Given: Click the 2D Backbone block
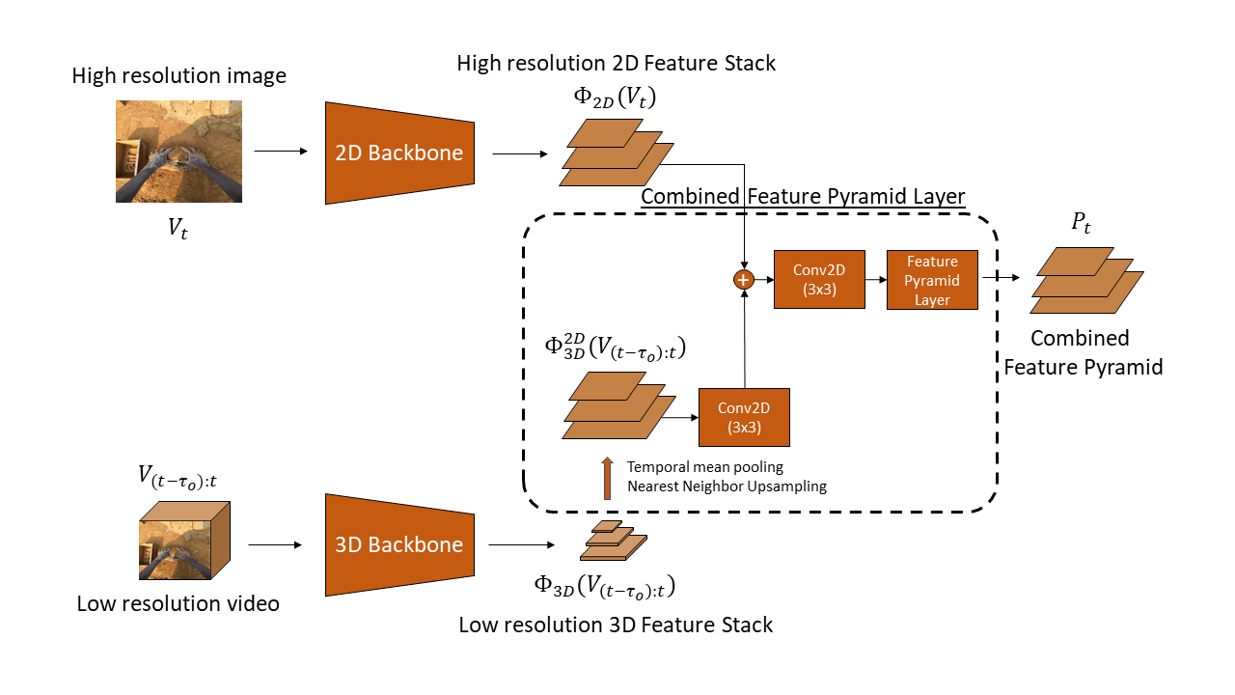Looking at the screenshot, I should tap(399, 153).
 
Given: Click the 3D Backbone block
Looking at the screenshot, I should tap(399, 544).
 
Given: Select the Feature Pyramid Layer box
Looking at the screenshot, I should tap(932, 280).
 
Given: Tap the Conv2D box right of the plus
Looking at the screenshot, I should tap(819, 280).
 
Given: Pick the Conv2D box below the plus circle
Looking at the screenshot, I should tap(744, 417).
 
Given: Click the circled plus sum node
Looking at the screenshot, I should tap(744, 280).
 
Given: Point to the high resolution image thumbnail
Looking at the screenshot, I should tap(178, 152).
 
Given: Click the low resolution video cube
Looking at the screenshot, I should tap(182, 541).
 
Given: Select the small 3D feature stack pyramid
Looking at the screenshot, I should tap(613, 542).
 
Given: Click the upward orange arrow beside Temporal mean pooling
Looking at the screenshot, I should tap(607, 478).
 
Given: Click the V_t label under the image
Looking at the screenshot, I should tap(177, 229).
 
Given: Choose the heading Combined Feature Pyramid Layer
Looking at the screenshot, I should tap(803, 197).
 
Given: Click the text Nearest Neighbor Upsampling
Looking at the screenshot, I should tap(727, 486).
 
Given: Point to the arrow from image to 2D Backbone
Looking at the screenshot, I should tap(280, 152).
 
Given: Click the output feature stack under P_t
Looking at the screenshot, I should tap(1085, 280).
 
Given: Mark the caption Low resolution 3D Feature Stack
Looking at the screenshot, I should tap(616, 625).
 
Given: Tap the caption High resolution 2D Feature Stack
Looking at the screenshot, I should tap(616, 64).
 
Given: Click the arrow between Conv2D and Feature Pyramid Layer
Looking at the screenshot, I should tap(875, 280).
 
